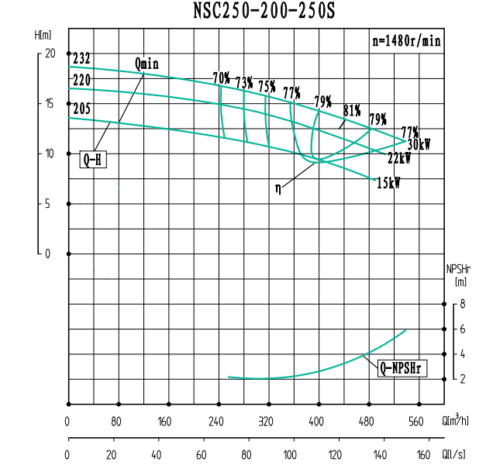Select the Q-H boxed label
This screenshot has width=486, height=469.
(x=91, y=160)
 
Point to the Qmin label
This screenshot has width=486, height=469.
(x=146, y=64)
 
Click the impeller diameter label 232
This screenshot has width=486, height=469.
(x=82, y=59)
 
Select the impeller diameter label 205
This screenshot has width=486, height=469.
(x=81, y=109)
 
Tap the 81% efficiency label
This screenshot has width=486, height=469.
(x=352, y=110)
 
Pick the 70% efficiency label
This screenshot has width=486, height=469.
(x=222, y=78)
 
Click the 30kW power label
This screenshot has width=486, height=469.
(x=419, y=145)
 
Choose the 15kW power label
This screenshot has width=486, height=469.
(x=389, y=183)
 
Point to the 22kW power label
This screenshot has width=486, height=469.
(x=399, y=158)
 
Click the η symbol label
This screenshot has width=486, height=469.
(x=277, y=187)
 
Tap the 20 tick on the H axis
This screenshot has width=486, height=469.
(x=50, y=53)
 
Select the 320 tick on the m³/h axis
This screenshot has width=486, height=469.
(x=267, y=422)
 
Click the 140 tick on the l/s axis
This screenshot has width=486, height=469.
(x=380, y=453)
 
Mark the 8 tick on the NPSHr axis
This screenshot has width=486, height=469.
(x=463, y=305)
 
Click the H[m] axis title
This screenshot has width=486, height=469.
(x=43, y=35)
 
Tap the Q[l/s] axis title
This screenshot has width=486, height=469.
(x=456, y=453)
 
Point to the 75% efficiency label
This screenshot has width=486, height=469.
(x=267, y=86)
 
